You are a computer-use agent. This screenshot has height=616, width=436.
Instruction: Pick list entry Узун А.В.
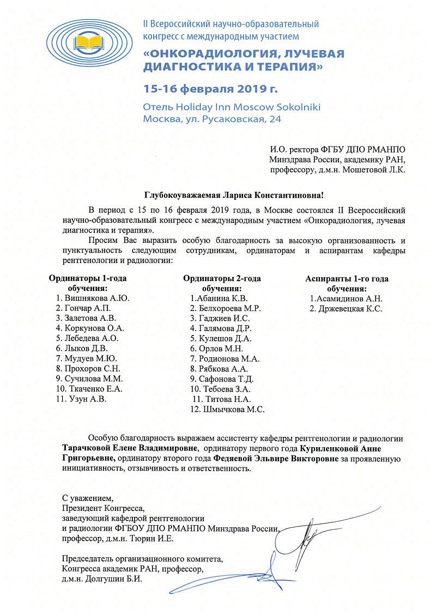click(87, 399)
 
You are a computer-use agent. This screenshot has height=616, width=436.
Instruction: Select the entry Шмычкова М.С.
click(235, 409)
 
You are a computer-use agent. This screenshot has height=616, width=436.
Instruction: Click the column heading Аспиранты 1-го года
click(347, 278)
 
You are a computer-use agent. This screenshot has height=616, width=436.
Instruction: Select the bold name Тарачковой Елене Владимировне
click(130, 449)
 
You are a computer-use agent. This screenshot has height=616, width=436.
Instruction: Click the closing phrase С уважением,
click(88, 498)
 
